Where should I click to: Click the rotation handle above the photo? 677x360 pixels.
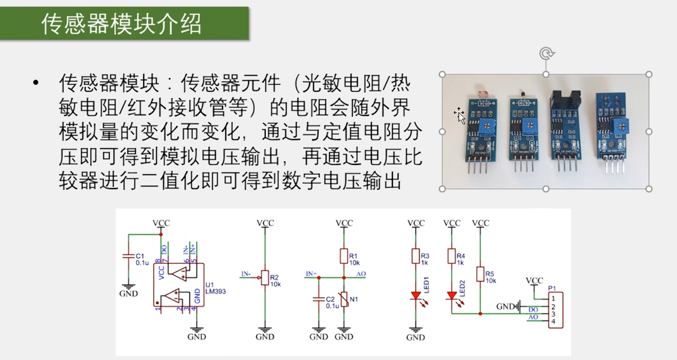546,53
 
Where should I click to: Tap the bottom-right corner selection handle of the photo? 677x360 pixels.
649,189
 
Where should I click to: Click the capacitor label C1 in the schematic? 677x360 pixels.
140,256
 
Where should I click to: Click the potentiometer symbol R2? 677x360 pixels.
264,278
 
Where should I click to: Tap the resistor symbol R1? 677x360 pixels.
344,257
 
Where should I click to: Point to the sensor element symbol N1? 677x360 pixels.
344,300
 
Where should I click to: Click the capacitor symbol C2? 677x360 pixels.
318,300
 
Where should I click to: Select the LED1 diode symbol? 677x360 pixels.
415,295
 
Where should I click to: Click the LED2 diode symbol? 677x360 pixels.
452,295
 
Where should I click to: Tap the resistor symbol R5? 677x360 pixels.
481,275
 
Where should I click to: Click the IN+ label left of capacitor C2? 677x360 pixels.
311,274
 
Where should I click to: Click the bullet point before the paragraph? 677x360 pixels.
36,83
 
